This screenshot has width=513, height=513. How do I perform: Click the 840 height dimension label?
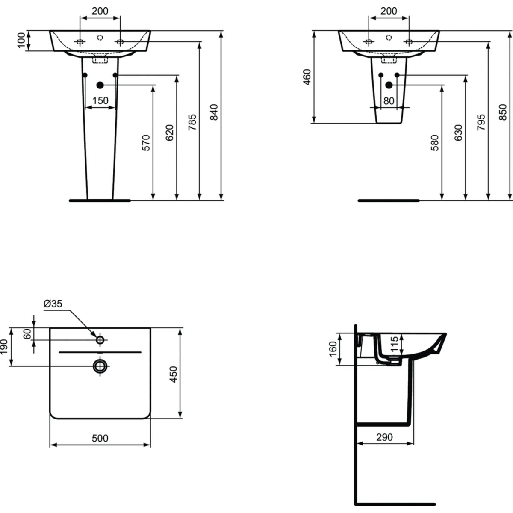tap(214, 112)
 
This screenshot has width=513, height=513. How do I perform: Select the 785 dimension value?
tap(192, 122)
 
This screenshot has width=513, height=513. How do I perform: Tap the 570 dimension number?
tap(146, 143)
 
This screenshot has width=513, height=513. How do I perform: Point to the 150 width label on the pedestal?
tap(100, 100)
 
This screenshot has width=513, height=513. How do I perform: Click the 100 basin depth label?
tap(21, 40)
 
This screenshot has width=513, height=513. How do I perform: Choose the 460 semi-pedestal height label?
tap(307, 77)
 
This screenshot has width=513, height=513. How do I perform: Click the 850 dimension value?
tap(503, 112)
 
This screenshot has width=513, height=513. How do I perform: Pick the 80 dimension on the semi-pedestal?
tap(389, 101)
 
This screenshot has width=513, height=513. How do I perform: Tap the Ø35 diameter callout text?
tap(53, 304)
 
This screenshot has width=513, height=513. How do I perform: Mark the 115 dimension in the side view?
tap(395, 344)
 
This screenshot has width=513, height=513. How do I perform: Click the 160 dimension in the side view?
tap(333, 349)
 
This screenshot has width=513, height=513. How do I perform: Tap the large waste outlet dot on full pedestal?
tap(100, 85)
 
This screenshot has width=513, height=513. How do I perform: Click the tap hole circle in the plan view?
tap(100, 340)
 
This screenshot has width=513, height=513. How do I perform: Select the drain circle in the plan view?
tap(100, 366)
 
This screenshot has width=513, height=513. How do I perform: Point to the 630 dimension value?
tap(458, 133)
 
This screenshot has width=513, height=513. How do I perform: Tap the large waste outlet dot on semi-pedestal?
tap(389, 85)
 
